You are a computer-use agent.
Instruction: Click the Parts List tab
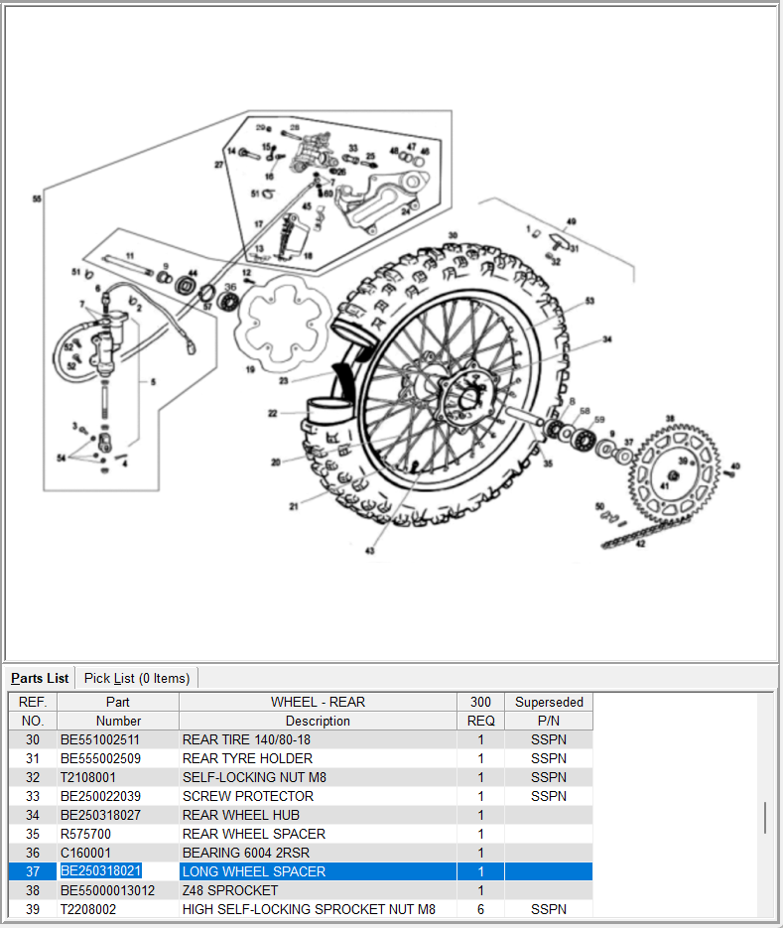click(41, 678)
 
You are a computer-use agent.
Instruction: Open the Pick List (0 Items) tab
click(137, 678)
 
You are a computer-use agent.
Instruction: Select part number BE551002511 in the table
click(100, 739)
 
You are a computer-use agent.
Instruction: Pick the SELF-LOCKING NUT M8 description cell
click(254, 777)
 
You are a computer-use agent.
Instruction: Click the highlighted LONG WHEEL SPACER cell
click(254, 871)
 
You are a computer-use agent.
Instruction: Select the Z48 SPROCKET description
click(230, 890)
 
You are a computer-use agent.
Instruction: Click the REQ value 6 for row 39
click(480, 909)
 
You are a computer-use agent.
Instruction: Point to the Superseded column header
click(549, 702)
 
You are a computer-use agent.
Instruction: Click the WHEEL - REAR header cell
click(318, 702)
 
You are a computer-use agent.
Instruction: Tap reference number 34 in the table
click(33, 815)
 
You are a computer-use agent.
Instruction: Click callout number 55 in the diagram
click(37, 199)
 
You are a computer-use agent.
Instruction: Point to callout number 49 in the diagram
click(571, 221)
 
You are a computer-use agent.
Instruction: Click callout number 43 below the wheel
click(370, 551)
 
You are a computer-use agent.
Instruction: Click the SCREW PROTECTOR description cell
click(248, 796)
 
